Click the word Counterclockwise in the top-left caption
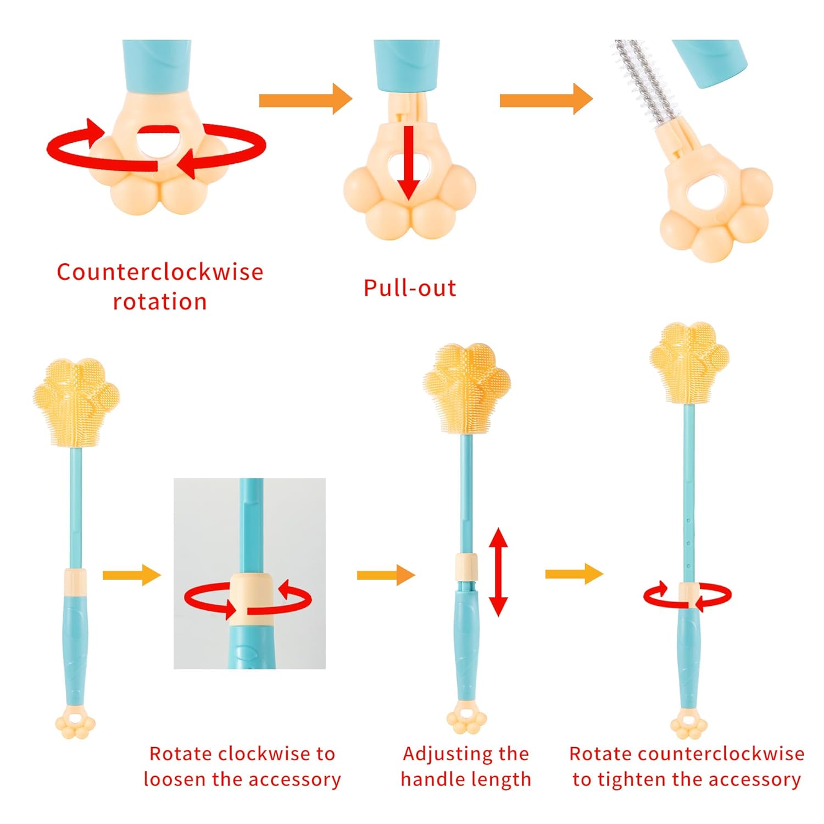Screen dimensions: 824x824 pos(160,272)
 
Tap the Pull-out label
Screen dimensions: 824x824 pos(410,288)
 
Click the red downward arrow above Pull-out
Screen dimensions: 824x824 pos(408,162)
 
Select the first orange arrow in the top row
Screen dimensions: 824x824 pos(305,99)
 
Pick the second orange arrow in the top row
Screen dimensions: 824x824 pos(546,99)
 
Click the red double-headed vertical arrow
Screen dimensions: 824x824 pos(498,572)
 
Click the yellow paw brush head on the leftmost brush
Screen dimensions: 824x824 pos(76,401)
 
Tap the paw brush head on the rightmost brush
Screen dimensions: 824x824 pos(689,363)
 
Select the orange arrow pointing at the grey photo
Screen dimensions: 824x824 pos(132,575)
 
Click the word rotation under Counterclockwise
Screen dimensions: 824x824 pos(160,302)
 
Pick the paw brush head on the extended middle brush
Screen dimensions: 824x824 pos(467,387)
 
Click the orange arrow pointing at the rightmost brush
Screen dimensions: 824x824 pos(574,574)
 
